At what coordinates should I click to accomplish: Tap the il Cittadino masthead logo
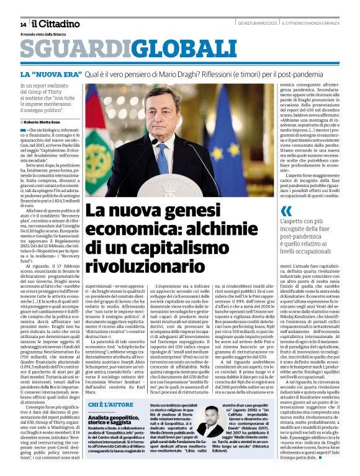tap(56, 23)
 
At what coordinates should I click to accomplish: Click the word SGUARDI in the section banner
tap(67, 52)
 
